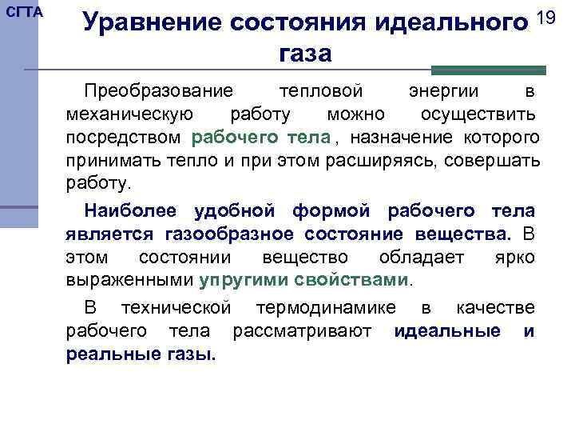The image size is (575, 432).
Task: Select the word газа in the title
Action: point(305,54)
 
